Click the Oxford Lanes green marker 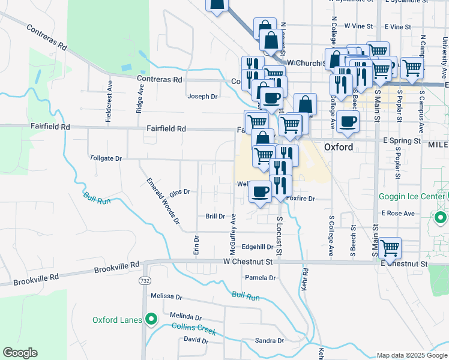(x=151, y=319)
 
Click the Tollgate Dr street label (x=106, y=158)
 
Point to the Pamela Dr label (x=260, y=278)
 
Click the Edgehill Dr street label (x=258, y=247)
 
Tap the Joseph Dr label (x=202, y=96)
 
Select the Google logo (x=20, y=353)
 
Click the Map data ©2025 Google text (x=411, y=355)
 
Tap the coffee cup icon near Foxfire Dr (x=260, y=192)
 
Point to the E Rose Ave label (x=398, y=213)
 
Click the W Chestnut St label (x=248, y=262)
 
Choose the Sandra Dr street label (x=269, y=341)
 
